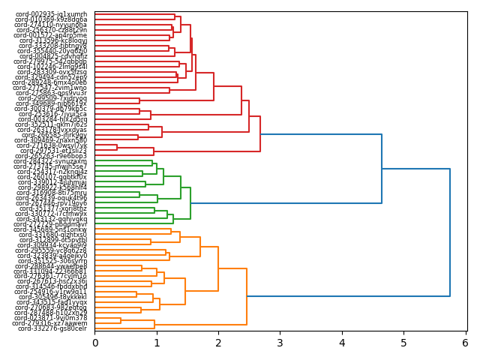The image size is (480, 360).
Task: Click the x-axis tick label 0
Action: coord(95,343)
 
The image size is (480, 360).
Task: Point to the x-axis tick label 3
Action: coord(280,343)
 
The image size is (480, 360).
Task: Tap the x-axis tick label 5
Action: coord(403,343)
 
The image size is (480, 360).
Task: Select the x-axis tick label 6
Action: coord(465,343)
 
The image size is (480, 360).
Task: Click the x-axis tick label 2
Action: coord(218,343)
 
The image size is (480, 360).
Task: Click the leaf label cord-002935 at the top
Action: coord(51,14)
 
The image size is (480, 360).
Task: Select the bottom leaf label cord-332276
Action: coord(52,328)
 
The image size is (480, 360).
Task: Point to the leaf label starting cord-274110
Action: coord(50,25)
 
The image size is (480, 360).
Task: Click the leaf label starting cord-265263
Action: coord(51,156)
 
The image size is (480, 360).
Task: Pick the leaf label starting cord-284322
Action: coord(50,161)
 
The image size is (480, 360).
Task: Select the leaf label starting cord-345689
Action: coord(51,229)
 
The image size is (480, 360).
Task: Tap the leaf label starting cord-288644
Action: coord(51,266)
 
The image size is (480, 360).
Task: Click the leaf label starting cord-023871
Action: coord(51,318)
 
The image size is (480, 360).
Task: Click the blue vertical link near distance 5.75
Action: coord(450,232)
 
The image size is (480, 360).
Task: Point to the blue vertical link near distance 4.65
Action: coord(382,169)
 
